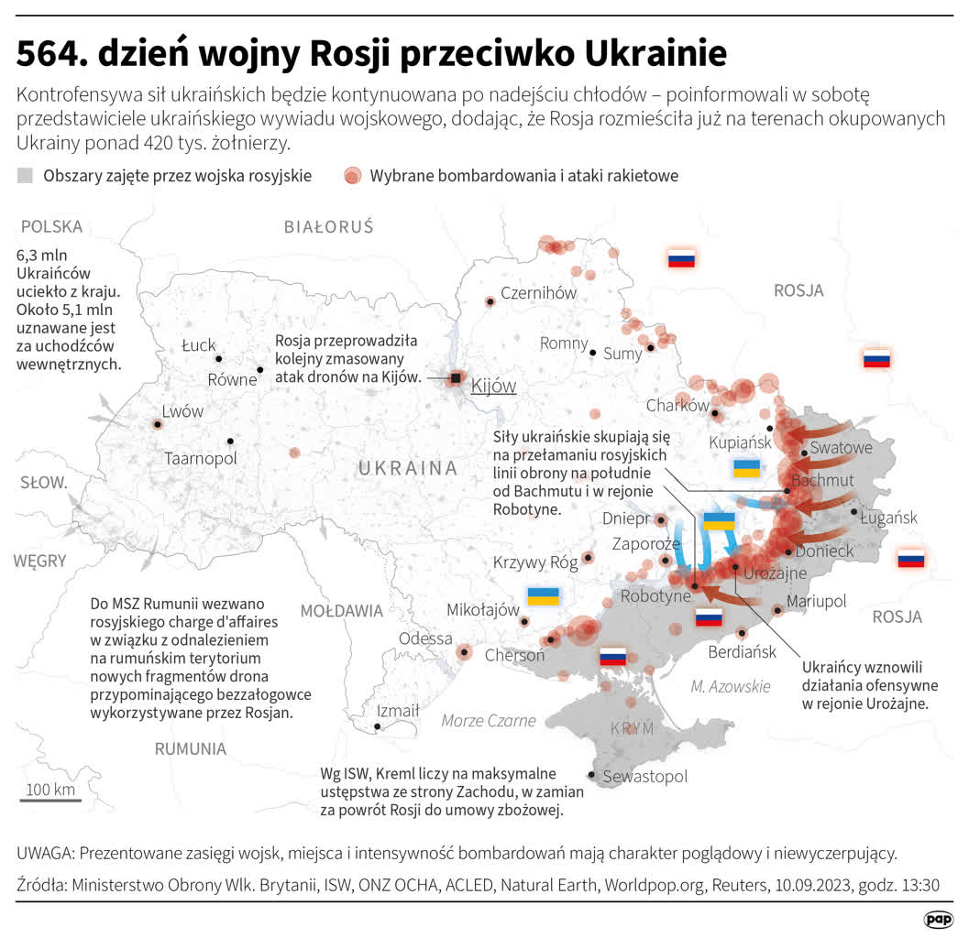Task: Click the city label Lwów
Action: click(x=182, y=411)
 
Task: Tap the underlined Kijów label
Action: click(x=493, y=386)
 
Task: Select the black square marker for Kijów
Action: click(x=456, y=377)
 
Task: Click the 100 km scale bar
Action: click(x=50, y=801)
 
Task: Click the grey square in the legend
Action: click(x=26, y=176)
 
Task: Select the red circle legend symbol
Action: click(x=352, y=176)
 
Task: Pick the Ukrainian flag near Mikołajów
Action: click(x=543, y=596)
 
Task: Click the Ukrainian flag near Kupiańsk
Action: click(x=746, y=469)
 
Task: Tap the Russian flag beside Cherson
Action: click(x=612, y=656)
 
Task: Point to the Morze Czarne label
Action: click(x=489, y=720)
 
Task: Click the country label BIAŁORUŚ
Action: click(x=328, y=226)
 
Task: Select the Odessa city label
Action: click(x=425, y=638)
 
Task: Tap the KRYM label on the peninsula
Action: click(x=633, y=728)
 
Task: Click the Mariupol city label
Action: click(x=816, y=601)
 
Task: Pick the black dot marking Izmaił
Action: click(x=378, y=727)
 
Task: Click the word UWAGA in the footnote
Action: click(x=44, y=853)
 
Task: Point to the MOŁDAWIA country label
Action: click(x=342, y=610)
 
